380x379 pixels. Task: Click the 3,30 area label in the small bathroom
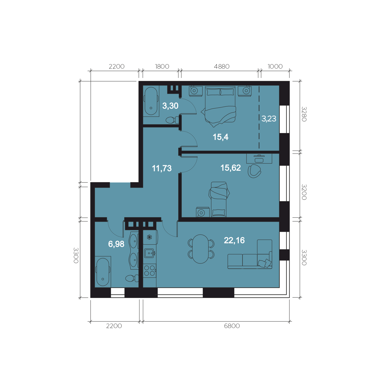[x=170, y=106]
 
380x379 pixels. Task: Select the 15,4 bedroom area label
[x=220, y=137]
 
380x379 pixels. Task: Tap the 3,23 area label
[x=269, y=119]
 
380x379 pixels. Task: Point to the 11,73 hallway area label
[x=162, y=168]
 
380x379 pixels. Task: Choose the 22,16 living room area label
[x=234, y=240]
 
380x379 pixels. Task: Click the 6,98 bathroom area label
[x=116, y=244]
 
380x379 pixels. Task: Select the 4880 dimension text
[x=222, y=67]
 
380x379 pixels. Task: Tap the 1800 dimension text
[x=162, y=67]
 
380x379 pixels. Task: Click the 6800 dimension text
[x=232, y=326]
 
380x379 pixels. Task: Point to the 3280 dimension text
[x=304, y=114]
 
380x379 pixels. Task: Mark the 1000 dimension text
[x=275, y=67]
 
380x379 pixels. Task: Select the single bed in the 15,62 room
[x=218, y=199]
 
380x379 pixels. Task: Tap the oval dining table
[x=201, y=249]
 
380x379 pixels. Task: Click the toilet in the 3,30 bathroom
[x=172, y=120]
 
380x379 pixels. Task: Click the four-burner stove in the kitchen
[x=149, y=271]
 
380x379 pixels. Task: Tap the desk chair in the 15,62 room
[x=254, y=171]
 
